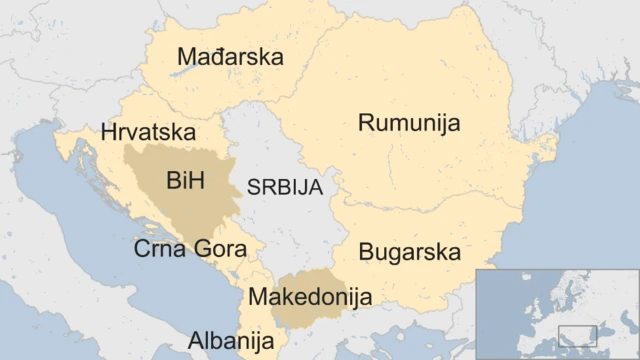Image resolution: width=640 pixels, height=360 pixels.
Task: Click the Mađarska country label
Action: click(x=230, y=57)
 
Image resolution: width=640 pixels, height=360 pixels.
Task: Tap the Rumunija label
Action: click(x=409, y=123)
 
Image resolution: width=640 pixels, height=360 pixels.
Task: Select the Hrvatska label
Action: click(x=149, y=131)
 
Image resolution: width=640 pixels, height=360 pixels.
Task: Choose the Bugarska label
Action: click(x=410, y=251)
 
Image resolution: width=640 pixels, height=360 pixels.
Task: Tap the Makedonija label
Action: click(x=310, y=296)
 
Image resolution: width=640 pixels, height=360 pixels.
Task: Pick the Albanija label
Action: click(x=231, y=340)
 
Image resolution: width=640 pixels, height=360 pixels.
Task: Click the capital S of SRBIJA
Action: click(x=253, y=187)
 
